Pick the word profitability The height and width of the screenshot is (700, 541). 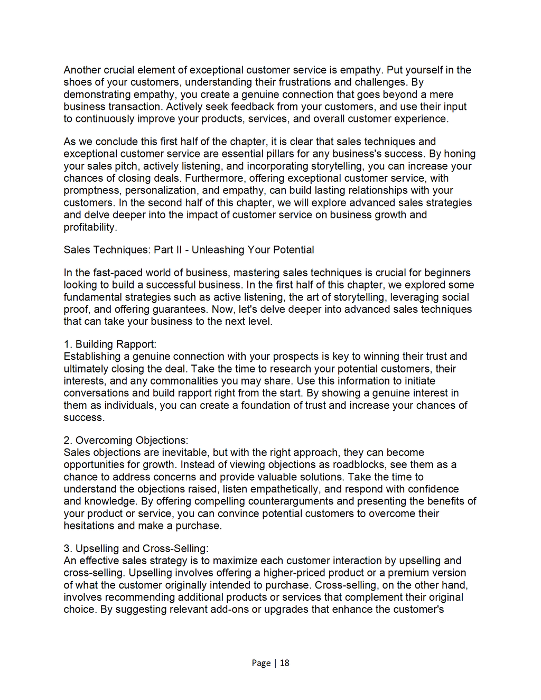point(90,227)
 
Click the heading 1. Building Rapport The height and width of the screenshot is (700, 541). point(110,344)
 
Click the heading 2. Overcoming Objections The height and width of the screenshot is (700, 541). point(126,441)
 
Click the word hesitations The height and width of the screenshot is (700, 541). point(89,526)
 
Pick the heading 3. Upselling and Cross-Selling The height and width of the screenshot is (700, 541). point(136,548)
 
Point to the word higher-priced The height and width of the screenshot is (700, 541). point(295,573)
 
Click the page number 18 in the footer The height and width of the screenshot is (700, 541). point(285,663)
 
